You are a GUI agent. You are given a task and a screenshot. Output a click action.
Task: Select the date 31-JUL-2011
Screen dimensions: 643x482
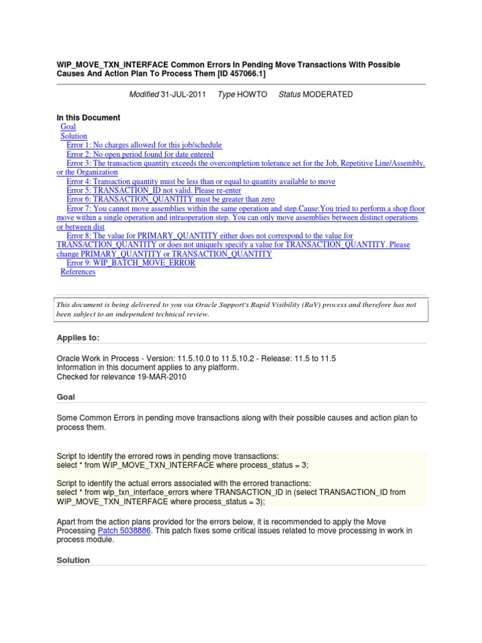183,94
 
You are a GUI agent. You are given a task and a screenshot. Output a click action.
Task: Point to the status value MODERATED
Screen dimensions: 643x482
328,94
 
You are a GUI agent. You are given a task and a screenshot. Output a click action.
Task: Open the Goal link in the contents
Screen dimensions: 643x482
68,127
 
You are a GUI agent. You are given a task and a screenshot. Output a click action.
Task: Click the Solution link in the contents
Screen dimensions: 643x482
73,136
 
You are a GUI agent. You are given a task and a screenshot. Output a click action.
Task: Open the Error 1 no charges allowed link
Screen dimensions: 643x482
144,145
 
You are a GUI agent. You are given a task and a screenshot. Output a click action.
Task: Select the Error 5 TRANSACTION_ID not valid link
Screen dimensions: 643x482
153,190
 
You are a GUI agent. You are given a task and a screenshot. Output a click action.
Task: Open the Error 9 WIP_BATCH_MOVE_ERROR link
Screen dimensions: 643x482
131,263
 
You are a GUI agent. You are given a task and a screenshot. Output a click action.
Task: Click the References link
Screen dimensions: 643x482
78,272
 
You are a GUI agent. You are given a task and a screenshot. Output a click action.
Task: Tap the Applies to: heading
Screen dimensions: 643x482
78,337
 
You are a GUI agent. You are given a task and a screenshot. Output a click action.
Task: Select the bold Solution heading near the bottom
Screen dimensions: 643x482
73,560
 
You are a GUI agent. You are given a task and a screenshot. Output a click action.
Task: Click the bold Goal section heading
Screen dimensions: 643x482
66,397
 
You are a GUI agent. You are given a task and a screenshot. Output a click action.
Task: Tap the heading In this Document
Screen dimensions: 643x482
88,117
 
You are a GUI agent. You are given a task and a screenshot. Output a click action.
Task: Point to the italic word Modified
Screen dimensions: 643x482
144,94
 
